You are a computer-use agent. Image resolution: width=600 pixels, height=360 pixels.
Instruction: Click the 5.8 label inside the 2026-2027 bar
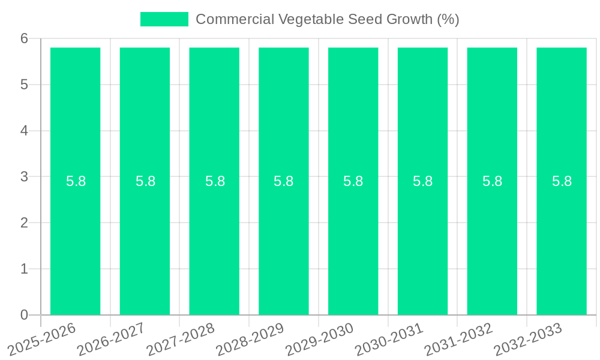tap(145, 181)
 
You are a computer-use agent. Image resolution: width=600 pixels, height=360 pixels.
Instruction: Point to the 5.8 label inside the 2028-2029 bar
tap(283, 181)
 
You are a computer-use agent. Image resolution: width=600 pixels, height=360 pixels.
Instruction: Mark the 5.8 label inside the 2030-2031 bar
tap(422, 181)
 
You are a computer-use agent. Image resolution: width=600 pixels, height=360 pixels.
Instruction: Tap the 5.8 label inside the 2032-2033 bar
tap(562, 181)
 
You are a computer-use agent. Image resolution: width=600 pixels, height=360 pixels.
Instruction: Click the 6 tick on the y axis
tap(25, 39)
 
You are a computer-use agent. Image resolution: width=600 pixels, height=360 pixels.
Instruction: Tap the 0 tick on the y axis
tap(25, 315)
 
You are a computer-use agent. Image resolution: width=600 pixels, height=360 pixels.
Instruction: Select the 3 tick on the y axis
tap(25, 177)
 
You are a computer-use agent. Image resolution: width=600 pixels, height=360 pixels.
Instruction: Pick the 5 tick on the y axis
tap(25, 85)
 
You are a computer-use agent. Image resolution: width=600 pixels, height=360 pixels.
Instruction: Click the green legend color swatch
tap(164, 19)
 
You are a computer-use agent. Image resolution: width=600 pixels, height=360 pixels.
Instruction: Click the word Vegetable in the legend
tap(311, 19)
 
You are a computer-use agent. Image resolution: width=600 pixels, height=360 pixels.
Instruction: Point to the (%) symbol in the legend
tap(448, 19)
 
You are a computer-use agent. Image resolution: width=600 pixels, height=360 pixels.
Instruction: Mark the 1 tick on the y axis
tap(25, 269)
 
